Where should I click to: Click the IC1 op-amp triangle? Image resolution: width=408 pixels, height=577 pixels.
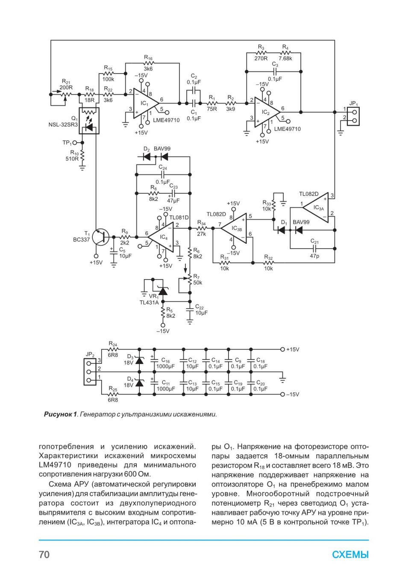coord(145,103)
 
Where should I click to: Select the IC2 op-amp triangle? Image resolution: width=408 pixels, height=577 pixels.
coord(267,112)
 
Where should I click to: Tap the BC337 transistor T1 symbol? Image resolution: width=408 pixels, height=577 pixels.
coord(102,237)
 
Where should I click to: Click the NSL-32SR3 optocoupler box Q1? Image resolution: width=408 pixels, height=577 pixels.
coord(89,121)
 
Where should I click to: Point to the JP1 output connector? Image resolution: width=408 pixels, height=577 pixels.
coord(353,116)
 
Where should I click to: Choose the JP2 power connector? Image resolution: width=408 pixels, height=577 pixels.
coord(90,372)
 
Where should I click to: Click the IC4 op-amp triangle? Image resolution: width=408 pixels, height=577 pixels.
coord(161,237)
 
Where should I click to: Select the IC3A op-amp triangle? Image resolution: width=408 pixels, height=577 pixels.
coord(316,207)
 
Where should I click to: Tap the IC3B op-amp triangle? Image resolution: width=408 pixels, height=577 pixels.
coord(234,228)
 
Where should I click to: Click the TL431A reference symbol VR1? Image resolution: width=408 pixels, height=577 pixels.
coord(162,291)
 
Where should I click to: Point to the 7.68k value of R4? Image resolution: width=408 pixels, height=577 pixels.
coord(285,58)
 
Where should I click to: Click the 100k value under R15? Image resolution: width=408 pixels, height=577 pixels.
coord(108,79)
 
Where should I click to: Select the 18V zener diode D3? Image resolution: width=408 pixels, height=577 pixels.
coord(140,361)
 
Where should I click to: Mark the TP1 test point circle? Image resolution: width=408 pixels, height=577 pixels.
coord(75,142)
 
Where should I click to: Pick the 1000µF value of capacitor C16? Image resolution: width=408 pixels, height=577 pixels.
coord(166,366)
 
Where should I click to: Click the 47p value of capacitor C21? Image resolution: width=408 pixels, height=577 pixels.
coord(314,256)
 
